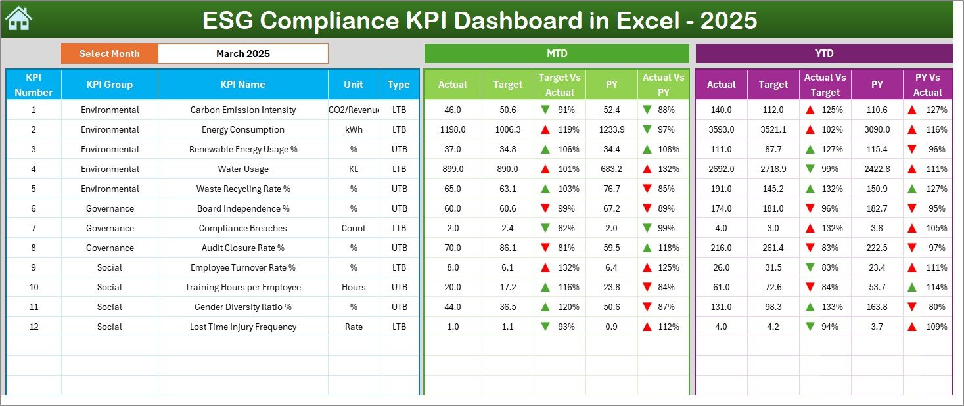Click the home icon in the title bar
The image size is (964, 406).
18,18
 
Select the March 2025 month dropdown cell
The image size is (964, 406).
242,54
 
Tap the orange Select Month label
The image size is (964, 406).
109,54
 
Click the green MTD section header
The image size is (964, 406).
557,54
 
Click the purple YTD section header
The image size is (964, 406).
823,54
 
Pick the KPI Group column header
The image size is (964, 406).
109,85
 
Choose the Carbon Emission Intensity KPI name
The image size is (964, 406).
242,110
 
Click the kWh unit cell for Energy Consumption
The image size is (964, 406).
354,129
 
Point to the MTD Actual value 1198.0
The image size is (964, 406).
453,129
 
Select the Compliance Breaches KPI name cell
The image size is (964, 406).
242,228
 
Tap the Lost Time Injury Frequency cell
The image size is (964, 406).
242,327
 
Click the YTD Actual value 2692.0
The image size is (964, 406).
721,169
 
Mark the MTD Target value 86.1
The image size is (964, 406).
507,248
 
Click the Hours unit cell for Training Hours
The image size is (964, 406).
354,287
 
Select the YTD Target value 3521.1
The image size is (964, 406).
773,129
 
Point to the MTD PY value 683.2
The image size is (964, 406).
611,169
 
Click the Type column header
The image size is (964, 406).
398,85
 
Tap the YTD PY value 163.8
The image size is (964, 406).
877,307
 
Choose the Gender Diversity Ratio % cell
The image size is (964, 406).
242,307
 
